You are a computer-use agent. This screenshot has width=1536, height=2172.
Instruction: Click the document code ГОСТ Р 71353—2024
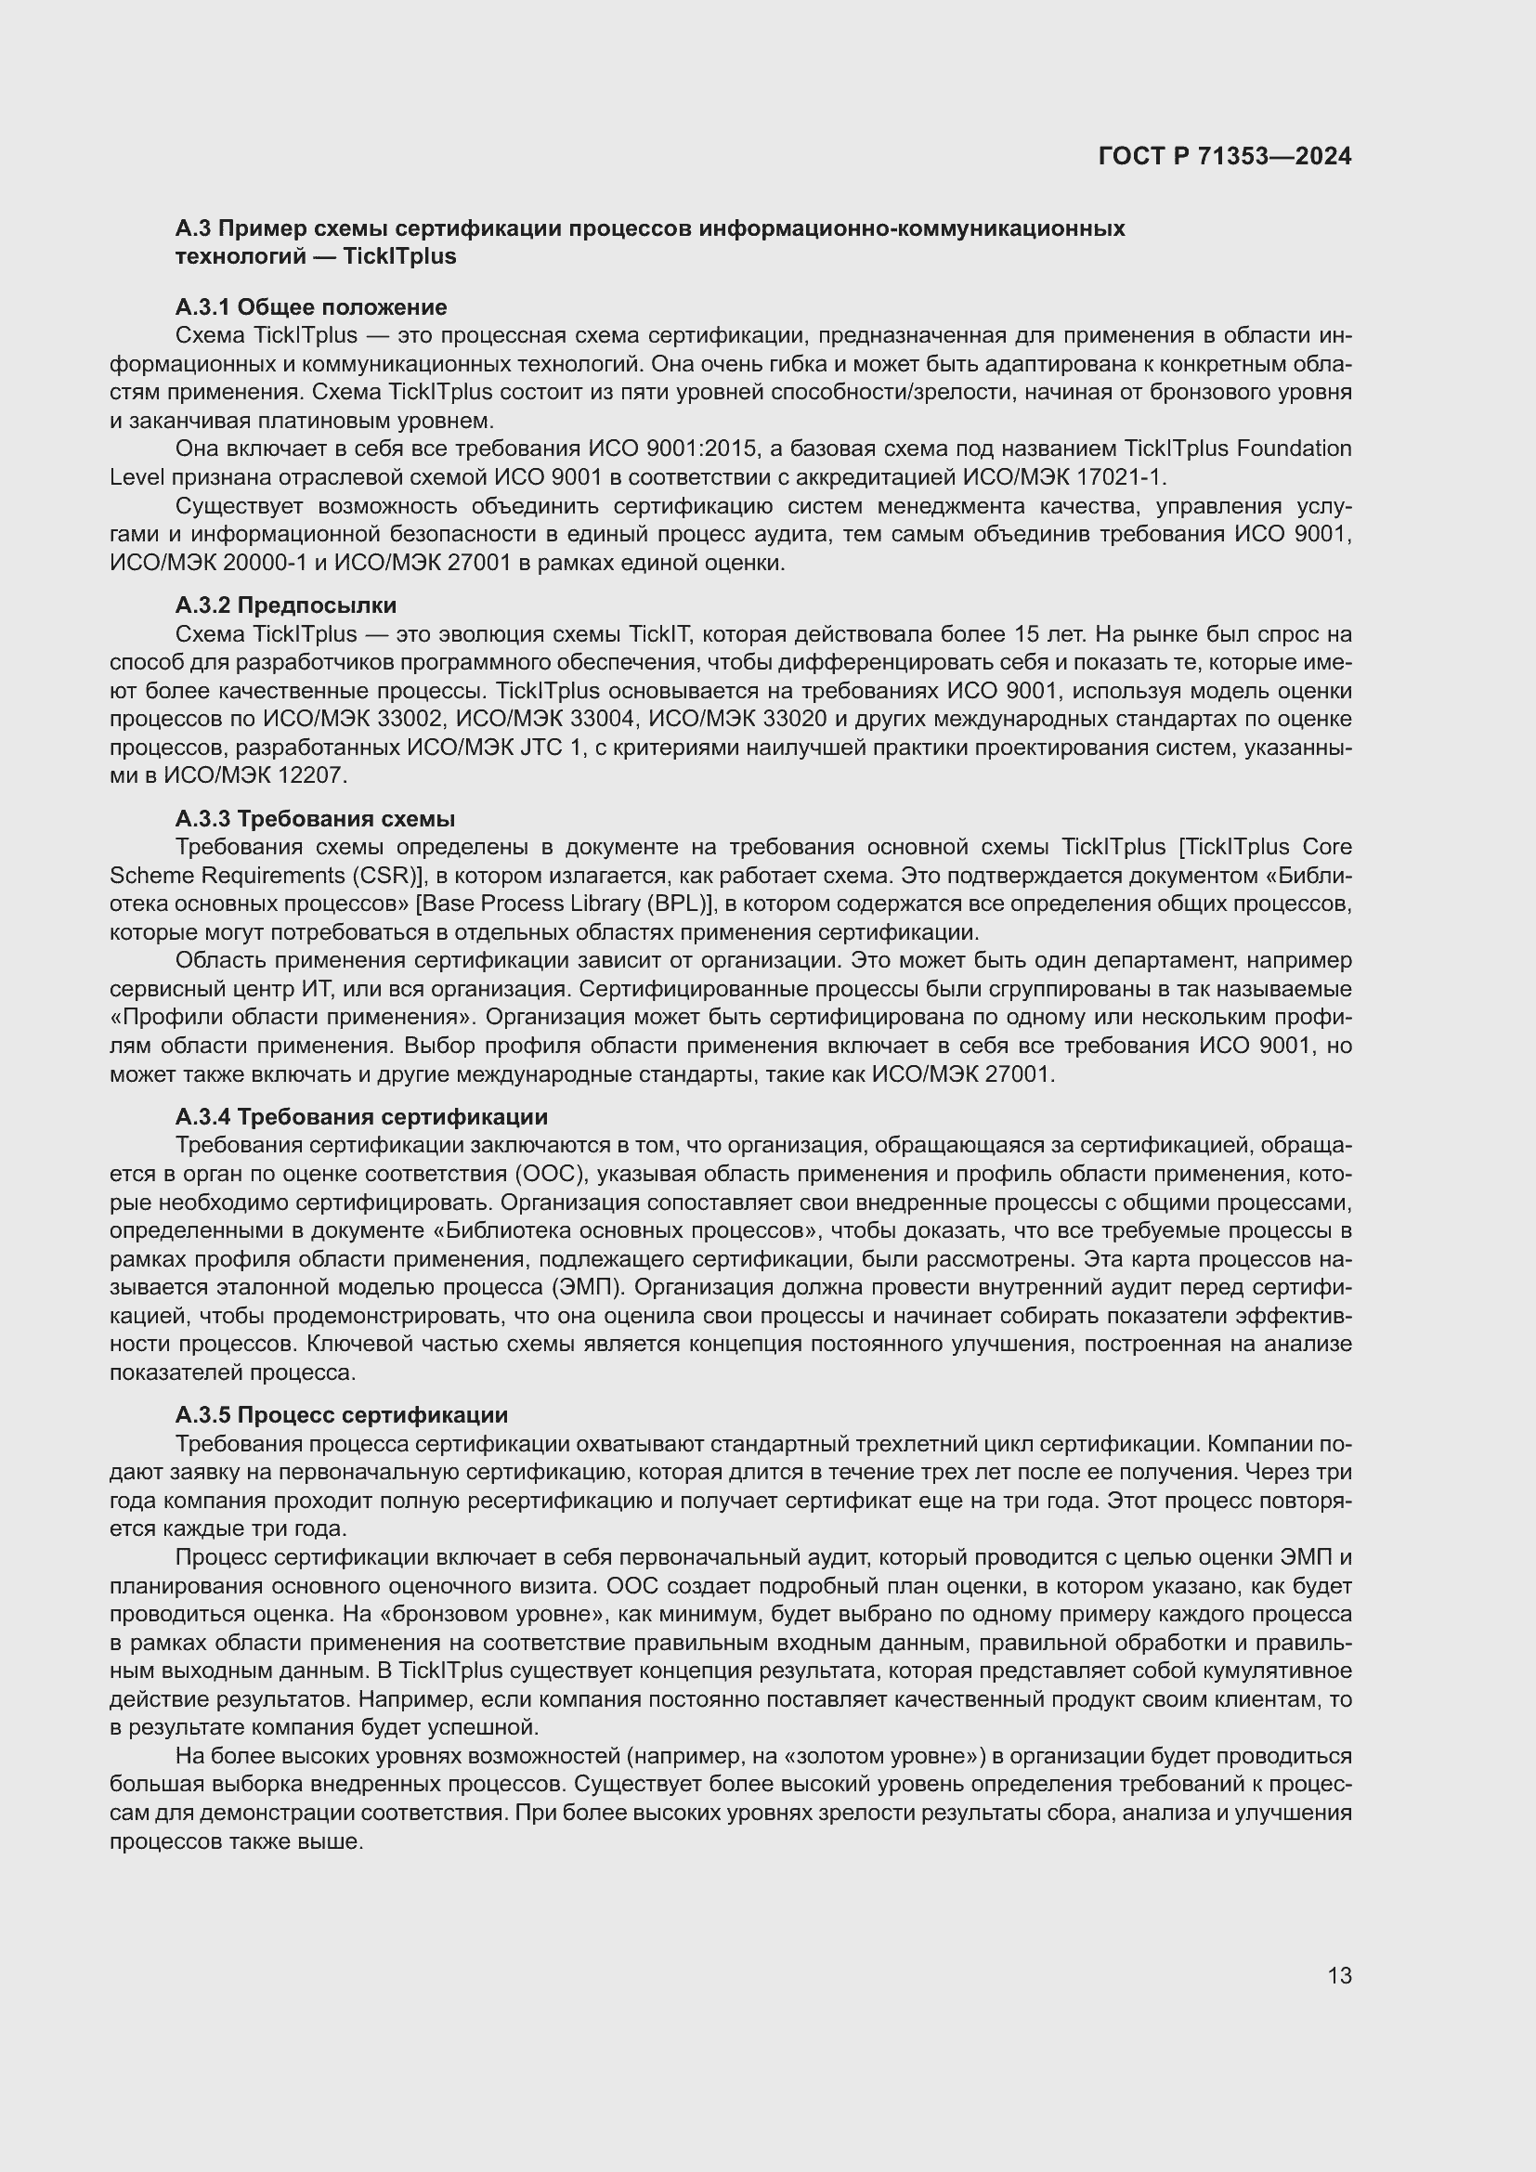[x=1224, y=156]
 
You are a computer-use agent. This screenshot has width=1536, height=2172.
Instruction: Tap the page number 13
[x=1339, y=1975]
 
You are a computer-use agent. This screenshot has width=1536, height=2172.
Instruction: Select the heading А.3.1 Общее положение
[x=310, y=306]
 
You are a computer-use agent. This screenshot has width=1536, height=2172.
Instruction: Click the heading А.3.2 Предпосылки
[x=286, y=605]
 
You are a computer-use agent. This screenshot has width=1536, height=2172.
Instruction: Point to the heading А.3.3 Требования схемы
[x=315, y=818]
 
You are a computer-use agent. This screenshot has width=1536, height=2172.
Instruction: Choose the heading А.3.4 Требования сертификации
[x=361, y=1116]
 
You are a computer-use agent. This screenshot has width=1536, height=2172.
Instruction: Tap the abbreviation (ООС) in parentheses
[x=545, y=1174]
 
